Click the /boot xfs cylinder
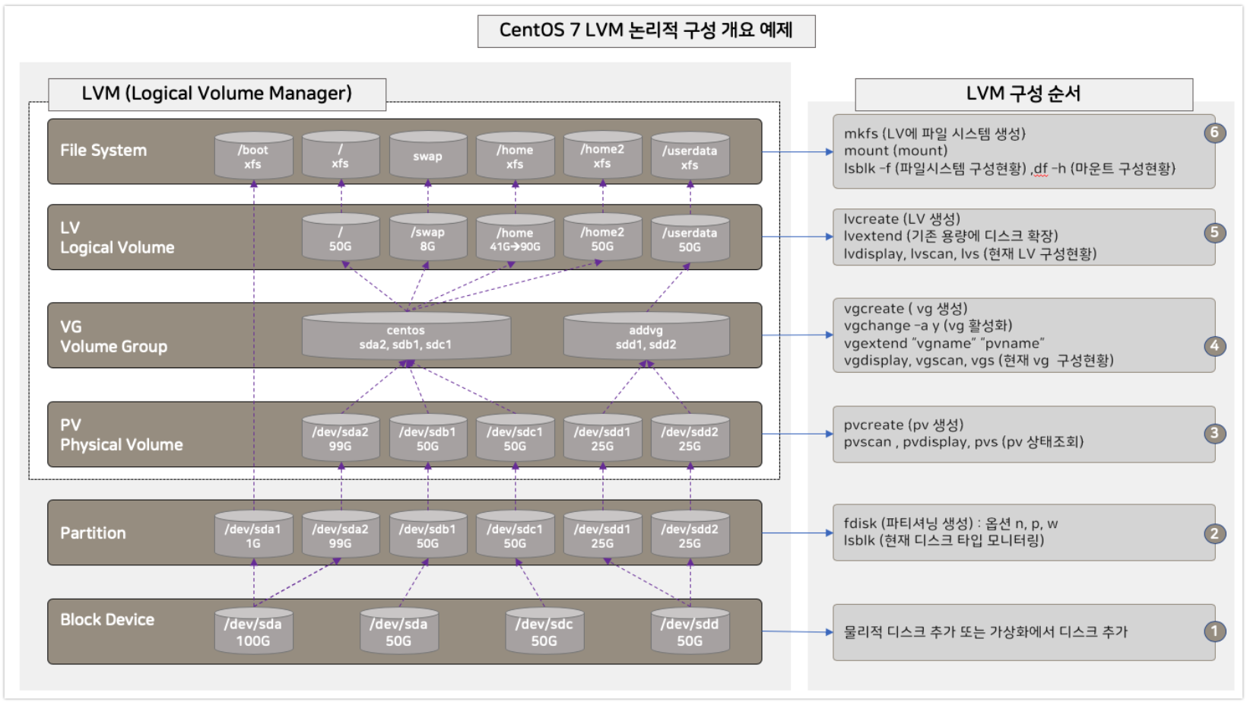[x=253, y=157]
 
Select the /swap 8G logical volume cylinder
[x=427, y=239]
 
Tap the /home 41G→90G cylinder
[x=515, y=239]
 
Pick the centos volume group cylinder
[x=406, y=337]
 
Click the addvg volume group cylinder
[x=646, y=337]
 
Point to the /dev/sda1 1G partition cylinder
[x=253, y=536]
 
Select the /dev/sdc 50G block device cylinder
[x=544, y=632]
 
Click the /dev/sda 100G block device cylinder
[x=253, y=632]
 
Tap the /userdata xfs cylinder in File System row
[x=690, y=157]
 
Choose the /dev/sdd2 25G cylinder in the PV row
[x=690, y=438]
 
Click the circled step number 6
[x=1214, y=132]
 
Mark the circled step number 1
[x=1214, y=631]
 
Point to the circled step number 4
[x=1214, y=346]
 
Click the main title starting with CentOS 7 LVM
[x=646, y=30]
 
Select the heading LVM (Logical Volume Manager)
[x=217, y=94]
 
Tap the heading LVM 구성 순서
[x=1023, y=94]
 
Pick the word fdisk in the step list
[x=860, y=523]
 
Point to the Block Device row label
[x=107, y=620]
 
